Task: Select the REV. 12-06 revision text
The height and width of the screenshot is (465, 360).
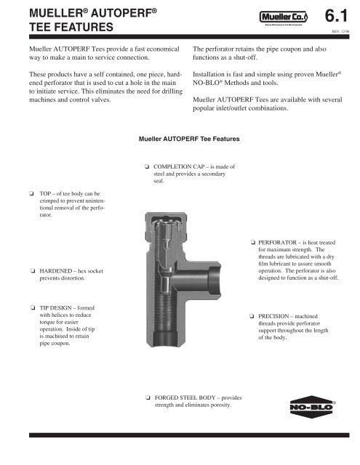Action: pos(340,31)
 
